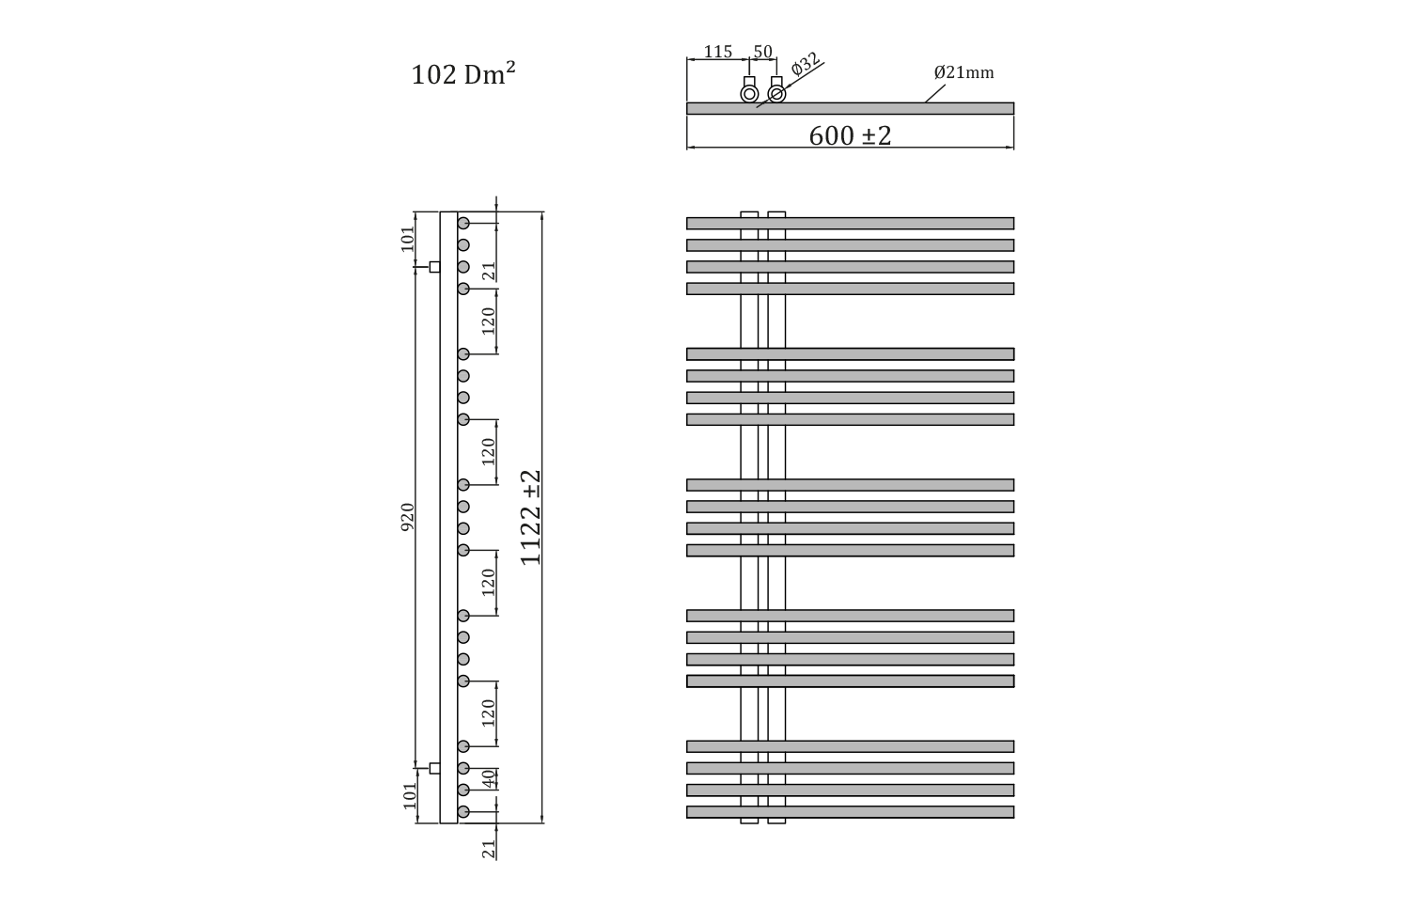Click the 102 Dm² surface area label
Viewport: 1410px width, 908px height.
pyautogui.click(x=463, y=74)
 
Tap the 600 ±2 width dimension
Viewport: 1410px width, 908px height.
pyautogui.click(x=850, y=136)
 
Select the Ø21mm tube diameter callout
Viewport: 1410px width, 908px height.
pyautogui.click(x=963, y=72)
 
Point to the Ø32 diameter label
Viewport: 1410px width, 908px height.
pyautogui.click(x=806, y=64)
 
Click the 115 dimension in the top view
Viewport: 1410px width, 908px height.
pyautogui.click(x=717, y=52)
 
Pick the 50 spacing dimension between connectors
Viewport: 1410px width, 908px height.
pyautogui.click(x=762, y=52)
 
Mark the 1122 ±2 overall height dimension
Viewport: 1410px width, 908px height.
pyautogui.click(x=531, y=517)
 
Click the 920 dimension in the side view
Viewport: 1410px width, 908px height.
pyautogui.click(x=408, y=517)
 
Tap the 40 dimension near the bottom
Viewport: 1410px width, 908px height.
pyautogui.click(x=489, y=779)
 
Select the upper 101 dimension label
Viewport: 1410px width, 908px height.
pyautogui.click(x=409, y=239)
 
